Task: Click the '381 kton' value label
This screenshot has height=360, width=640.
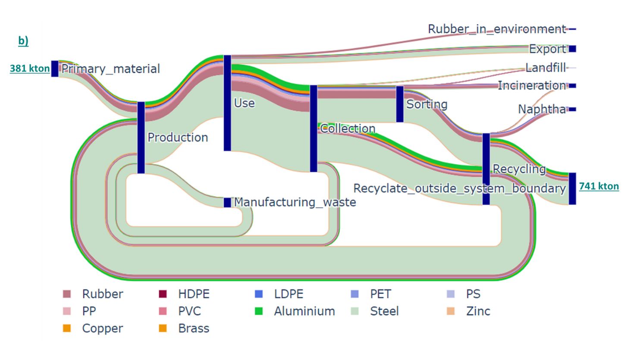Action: [x=29, y=68]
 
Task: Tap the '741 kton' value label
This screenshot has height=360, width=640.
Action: [x=599, y=186]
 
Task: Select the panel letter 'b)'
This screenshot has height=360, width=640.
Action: [x=23, y=41]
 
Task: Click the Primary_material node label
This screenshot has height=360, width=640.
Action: [x=110, y=69]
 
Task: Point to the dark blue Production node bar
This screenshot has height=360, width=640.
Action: [x=141, y=138]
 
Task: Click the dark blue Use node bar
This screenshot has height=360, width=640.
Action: [x=227, y=103]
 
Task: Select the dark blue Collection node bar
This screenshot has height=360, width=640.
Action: [x=314, y=128]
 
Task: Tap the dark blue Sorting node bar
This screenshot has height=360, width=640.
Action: [x=400, y=104]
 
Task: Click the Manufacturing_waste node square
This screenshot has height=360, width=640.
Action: [x=227, y=202]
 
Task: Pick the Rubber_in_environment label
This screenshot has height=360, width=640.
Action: [x=496, y=29]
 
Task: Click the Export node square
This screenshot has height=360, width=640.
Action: [x=572, y=49]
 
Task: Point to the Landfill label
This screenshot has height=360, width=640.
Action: [x=546, y=68]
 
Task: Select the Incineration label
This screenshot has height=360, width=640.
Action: [x=532, y=85]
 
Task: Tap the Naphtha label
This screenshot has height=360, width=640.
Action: [x=542, y=109]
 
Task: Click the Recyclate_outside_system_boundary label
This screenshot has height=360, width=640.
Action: [x=459, y=188]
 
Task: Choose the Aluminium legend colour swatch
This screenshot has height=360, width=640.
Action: [x=259, y=311]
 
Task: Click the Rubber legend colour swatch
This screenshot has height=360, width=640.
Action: [x=67, y=294]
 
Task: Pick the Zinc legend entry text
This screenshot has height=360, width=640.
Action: [x=478, y=311]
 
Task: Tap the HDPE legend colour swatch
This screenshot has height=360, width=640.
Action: [x=163, y=294]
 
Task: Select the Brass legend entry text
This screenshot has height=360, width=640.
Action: [x=194, y=328]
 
